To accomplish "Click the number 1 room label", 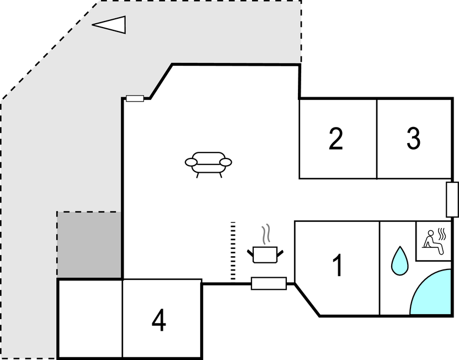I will click(x=338, y=266).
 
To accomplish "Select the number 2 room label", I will click(x=335, y=139).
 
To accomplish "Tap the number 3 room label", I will click(x=413, y=139).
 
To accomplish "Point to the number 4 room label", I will click(x=159, y=320).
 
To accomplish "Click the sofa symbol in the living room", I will click(x=208, y=163).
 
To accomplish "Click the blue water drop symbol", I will click(x=399, y=260).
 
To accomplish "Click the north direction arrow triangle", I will click(x=110, y=24).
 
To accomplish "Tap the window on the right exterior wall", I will click(x=452, y=199).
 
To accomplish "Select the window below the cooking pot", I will click(x=269, y=283).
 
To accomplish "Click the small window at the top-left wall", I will click(x=135, y=98).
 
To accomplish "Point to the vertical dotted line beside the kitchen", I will click(x=233, y=251).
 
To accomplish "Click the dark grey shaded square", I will click(x=89, y=245).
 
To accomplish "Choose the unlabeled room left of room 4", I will click(x=90, y=319).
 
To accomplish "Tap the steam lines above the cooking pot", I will click(x=266, y=234).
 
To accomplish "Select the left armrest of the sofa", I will click(x=191, y=162).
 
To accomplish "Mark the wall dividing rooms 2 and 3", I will click(x=377, y=139).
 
